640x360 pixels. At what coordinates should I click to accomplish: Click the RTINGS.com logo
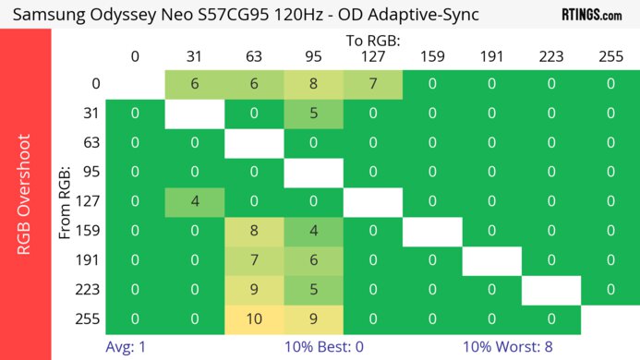click(x=591, y=15)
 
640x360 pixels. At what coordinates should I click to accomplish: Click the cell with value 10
click(x=254, y=319)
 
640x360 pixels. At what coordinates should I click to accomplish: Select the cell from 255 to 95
click(x=313, y=319)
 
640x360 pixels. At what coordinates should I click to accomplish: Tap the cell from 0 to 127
click(x=373, y=84)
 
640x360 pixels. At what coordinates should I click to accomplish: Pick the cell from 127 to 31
click(x=194, y=202)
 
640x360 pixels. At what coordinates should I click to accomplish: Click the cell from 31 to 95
click(x=313, y=114)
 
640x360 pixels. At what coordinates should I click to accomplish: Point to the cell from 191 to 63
click(x=254, y=260)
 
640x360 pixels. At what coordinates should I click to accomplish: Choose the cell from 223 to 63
click(x=254, y=290)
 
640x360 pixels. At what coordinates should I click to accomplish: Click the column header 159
click(x=432, y=56)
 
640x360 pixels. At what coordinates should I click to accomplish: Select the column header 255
click(x=610, y=56)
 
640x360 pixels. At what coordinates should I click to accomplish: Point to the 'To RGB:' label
click(x=373, y=41)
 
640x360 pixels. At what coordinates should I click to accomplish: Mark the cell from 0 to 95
click(x=313, y=84)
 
